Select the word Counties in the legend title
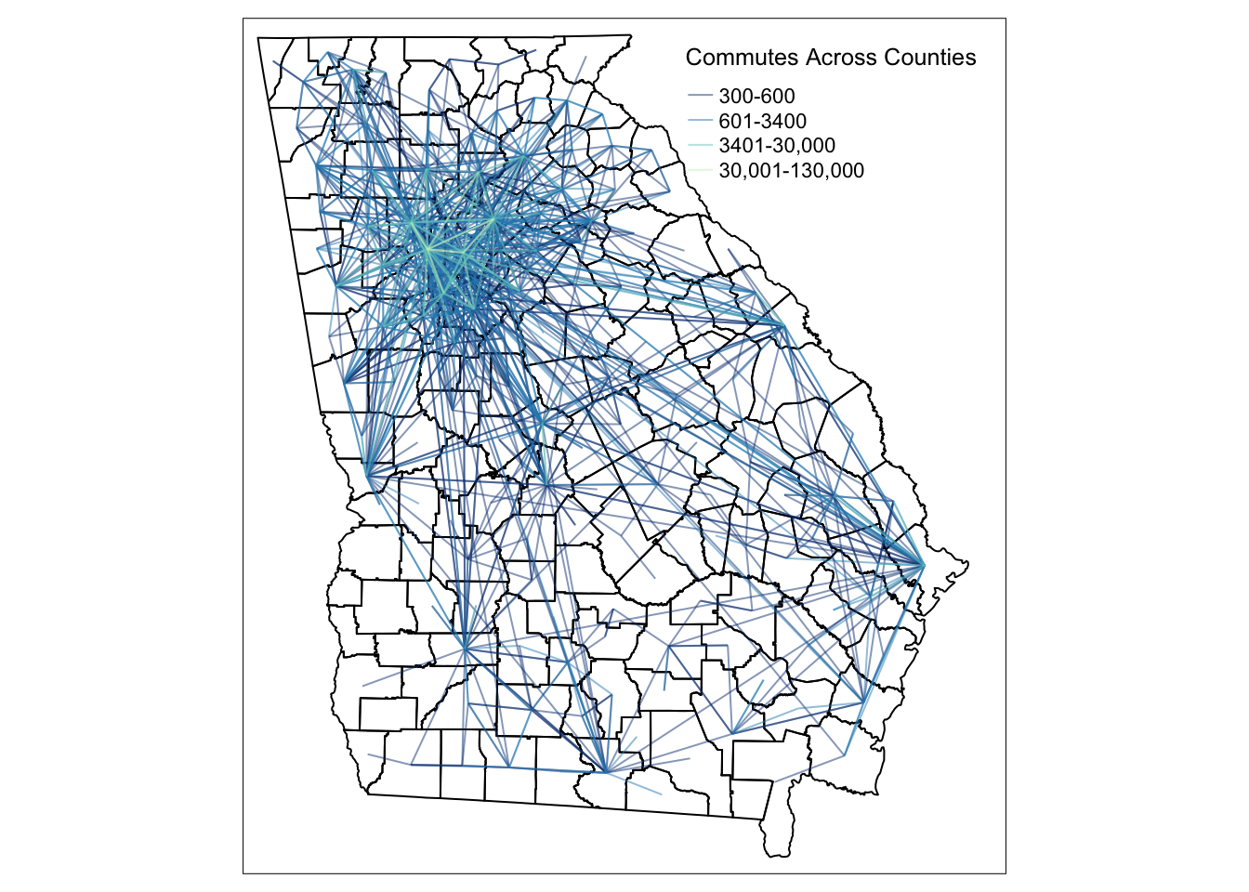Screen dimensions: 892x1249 pos(930,58)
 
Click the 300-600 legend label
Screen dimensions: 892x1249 pos(756,97)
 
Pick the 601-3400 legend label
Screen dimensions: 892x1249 pos(762,122)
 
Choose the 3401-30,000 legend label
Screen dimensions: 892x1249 pos(777,146)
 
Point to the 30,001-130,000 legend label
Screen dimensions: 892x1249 pos(791,171)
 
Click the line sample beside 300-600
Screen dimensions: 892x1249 pos(700,97)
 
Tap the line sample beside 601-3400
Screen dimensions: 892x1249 pos(700,122)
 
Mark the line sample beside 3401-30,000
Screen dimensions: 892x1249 pos(700,146)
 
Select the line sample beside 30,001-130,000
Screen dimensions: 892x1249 pos(700,171)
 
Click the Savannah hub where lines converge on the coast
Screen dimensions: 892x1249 pos(923,564)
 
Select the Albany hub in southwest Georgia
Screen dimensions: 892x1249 pos(464,646)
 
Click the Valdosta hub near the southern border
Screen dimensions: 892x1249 pos(606,770)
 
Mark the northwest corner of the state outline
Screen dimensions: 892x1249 pos(258,37)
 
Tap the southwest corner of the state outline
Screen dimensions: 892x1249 pos(368,794)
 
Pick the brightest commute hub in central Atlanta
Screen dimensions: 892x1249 pos(428,249)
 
